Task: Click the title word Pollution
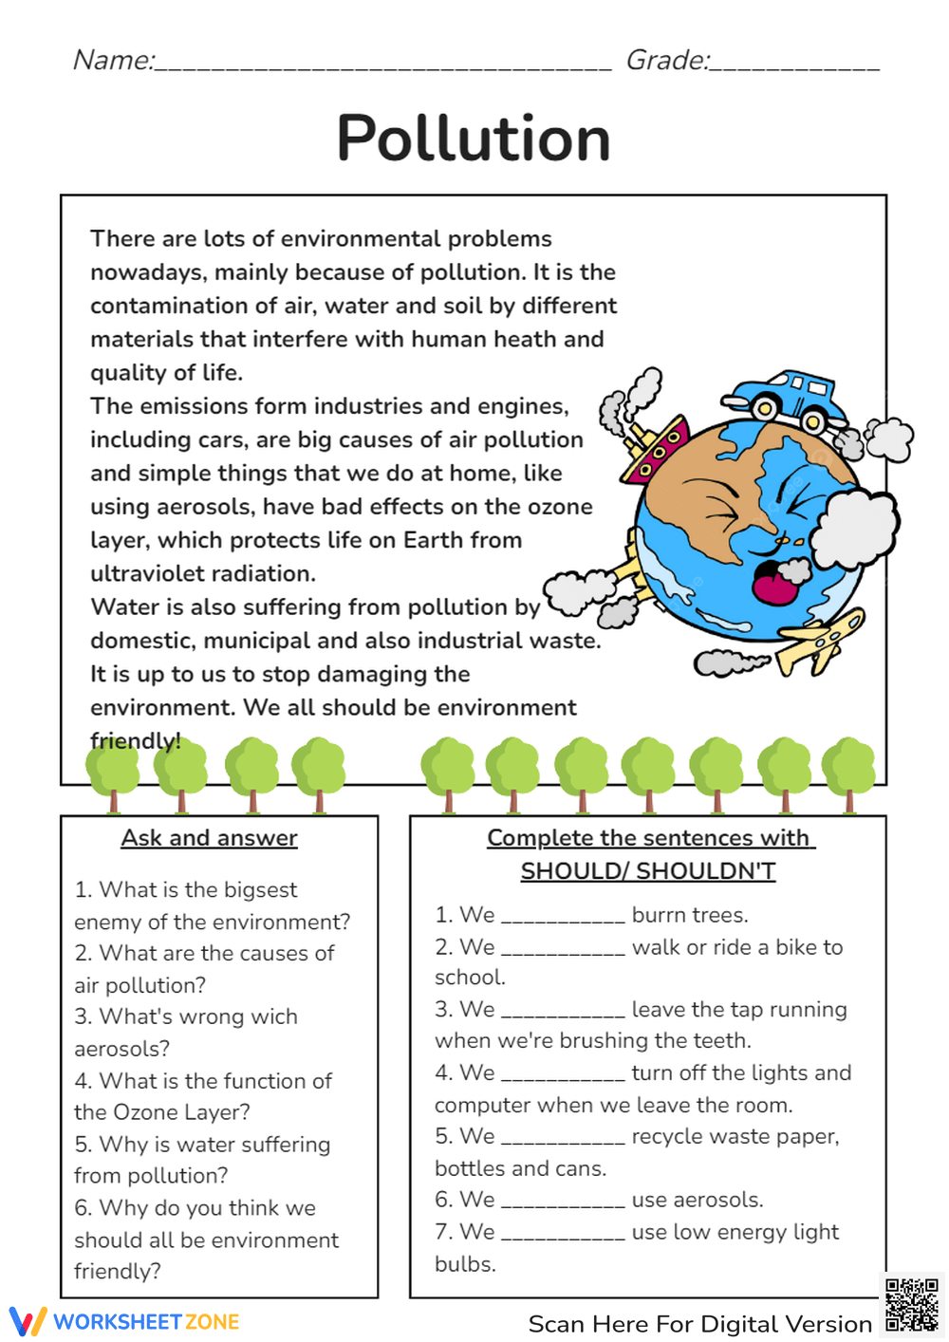click(474, 139)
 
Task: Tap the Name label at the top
click(112, 61)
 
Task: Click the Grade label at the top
click(666, 61)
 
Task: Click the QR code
click(912, 1306)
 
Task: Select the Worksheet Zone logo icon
click(28, 1321)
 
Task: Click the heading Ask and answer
click(209, 838)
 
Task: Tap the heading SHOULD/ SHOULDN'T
click(648, 870)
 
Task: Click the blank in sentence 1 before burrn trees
click(563, 916)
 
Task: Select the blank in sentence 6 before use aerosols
click(563, 1201)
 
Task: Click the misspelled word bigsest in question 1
click(260, 890)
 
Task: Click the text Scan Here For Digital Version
click(699, 1324)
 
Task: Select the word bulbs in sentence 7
click(464, 1264)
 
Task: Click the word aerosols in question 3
click(121, 1049)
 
